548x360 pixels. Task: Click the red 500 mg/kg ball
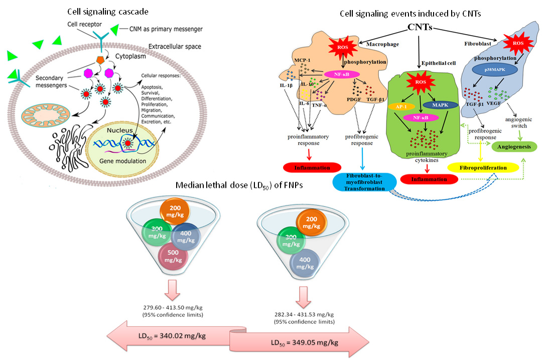point(173,256)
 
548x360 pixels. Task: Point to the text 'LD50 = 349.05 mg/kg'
point(305,342)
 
